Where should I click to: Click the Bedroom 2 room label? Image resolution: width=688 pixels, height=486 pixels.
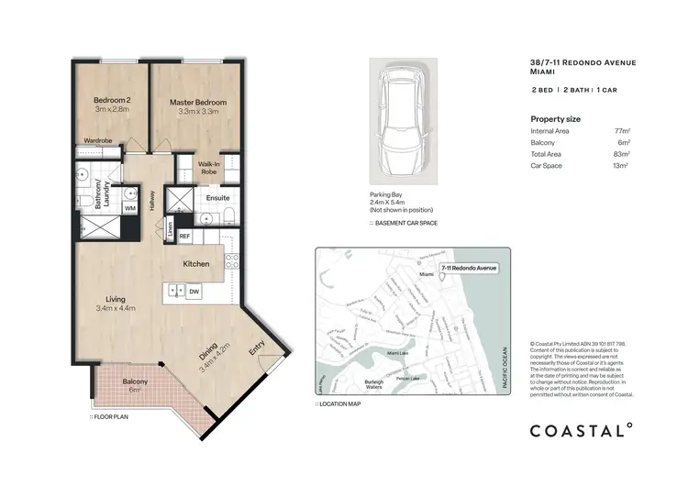click(113, 102)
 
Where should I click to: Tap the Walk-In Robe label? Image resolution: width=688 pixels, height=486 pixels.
click(209, 168)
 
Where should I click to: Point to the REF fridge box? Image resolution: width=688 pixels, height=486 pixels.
click(183, 236)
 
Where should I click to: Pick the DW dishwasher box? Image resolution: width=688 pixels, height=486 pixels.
click(194, 292)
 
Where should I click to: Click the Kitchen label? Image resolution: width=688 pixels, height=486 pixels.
click(196, 264)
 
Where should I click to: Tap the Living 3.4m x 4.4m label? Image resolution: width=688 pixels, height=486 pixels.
click(116, 304)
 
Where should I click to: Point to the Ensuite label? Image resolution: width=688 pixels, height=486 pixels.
click(217, 197)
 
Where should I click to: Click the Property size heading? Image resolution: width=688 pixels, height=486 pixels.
click(555, 118)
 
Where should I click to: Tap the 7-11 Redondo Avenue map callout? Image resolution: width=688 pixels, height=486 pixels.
click(468, 268)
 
